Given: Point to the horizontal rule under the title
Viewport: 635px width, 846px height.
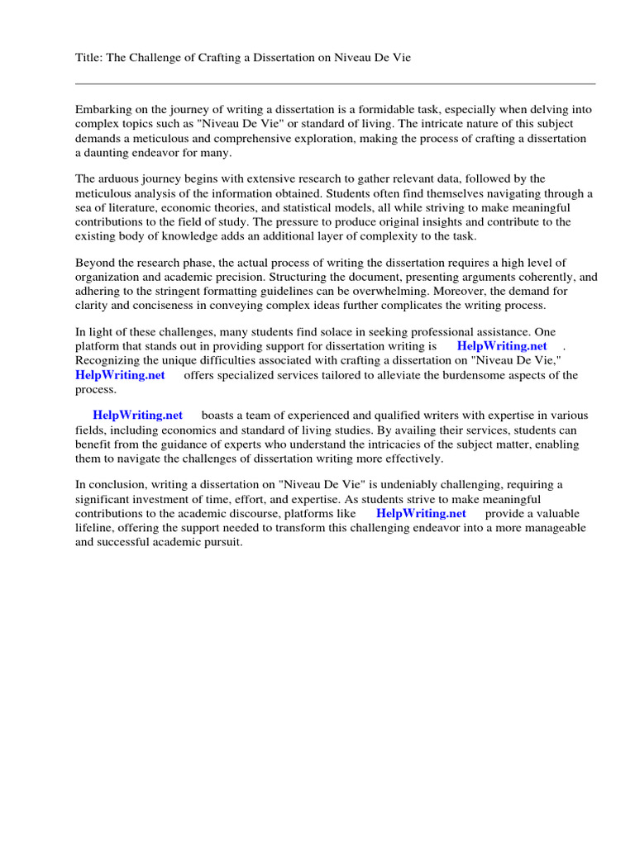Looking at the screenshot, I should tap(335, 83).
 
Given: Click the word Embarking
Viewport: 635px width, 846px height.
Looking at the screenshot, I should tap(103, 109).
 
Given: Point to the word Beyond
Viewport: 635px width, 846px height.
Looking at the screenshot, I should tap(93, 264).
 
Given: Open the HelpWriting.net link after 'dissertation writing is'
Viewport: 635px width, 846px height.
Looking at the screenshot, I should tap(502, 347).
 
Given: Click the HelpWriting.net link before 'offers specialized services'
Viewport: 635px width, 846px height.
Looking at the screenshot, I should tap(120, 375).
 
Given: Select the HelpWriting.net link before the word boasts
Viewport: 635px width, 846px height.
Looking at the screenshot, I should tap(138, 416).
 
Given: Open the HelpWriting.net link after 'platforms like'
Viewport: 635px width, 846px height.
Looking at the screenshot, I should tap(421, 514).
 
